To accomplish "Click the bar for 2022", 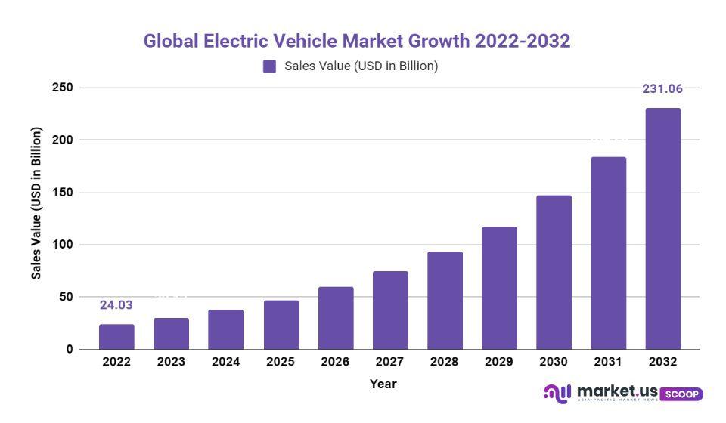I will (116, 337).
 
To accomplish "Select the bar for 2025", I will (281, 325).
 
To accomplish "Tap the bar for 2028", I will (445, 301).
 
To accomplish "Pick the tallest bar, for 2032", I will (662, 229).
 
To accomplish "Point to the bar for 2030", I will (554, 273).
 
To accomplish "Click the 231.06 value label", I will (662, 89).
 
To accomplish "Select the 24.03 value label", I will (116, 305).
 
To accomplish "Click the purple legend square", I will (270, 66).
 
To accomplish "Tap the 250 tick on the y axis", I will (63, 88).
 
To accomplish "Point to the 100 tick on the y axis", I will (63, 245).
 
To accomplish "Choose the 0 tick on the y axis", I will (69, 350).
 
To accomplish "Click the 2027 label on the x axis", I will (390, 362).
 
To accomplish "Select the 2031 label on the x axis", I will (608, 362).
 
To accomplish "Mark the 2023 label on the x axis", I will (171, 362).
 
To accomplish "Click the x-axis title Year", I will (383, 384).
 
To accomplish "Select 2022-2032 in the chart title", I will (522, 41).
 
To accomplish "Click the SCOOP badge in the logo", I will (681, 394).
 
